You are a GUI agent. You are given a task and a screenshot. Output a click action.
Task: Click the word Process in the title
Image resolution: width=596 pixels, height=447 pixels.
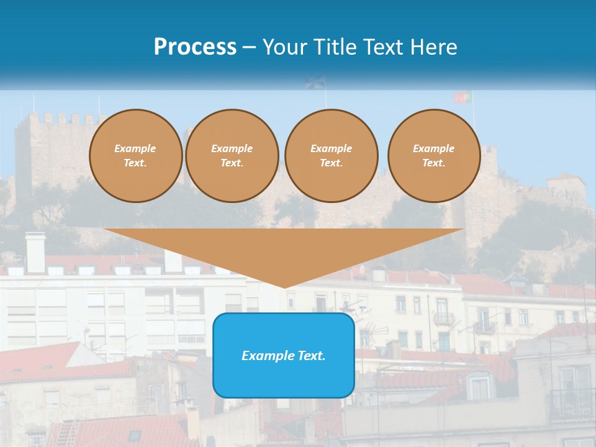(x=195, y=47)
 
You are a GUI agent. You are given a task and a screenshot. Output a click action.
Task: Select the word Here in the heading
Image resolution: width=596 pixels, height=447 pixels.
(x=433, y=47)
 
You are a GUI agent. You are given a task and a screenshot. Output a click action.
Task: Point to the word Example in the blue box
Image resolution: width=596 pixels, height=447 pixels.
(x=268, y=356)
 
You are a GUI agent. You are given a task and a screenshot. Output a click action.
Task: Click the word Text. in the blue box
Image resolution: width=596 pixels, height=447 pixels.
(x=311, y=356)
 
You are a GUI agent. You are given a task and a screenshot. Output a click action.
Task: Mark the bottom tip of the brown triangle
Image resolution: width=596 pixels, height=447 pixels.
(x=285, y=287)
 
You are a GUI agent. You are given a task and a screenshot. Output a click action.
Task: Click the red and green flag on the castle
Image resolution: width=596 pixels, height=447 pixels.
(x=463, y=97)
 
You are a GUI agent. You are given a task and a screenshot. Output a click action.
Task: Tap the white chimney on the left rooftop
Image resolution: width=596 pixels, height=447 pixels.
(x=35, y=252)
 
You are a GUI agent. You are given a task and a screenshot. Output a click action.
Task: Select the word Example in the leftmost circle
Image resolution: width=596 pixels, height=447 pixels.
(x=135, y=148)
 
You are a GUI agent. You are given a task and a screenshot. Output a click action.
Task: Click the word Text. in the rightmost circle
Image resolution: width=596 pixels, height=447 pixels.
(x=434, y=163)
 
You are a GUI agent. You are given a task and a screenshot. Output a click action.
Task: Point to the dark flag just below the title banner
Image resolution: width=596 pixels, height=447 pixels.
(x=315, y=83)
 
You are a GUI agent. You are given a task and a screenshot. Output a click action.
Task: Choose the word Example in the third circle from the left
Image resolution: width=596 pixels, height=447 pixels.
(x=331, y=148)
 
